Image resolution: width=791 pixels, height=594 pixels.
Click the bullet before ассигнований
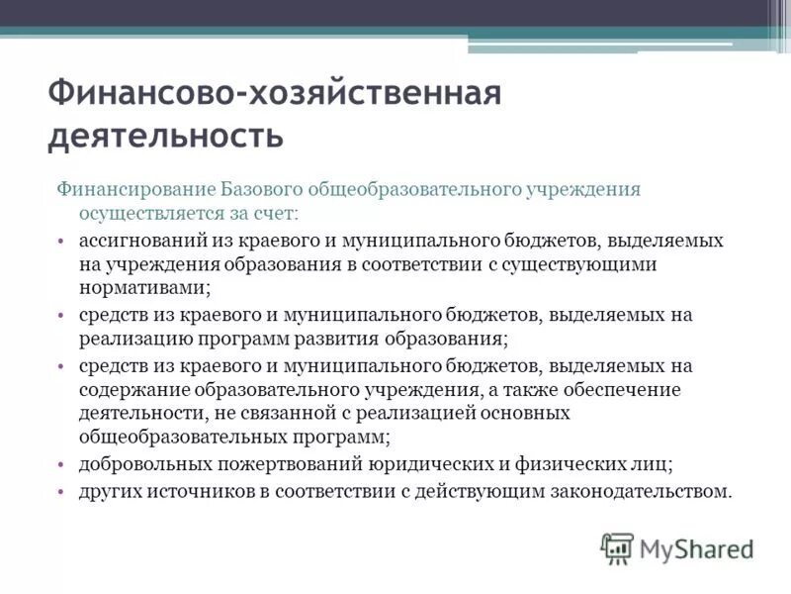pyautogui.click(x=61, y=241)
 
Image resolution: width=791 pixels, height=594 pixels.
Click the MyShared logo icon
pyautogui.click(x=618, y=547)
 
